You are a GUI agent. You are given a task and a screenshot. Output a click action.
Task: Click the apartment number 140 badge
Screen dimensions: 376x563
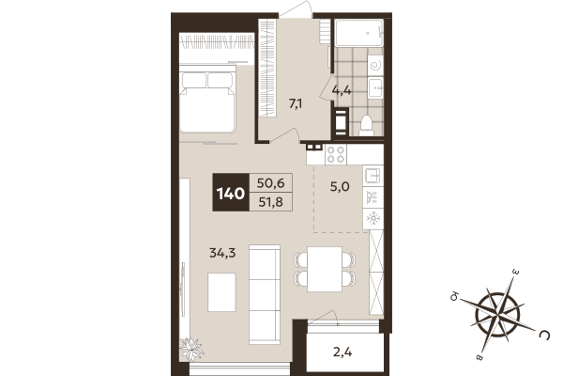click(231, 195)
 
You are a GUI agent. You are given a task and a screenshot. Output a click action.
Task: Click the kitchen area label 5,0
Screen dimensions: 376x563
click(339, 186)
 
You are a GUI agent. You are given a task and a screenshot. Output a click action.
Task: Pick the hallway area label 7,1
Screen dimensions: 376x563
click(295, 103)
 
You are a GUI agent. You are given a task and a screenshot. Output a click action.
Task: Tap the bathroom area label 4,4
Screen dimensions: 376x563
click(342, 91)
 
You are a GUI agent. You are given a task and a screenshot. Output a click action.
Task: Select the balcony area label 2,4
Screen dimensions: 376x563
click(343, 354)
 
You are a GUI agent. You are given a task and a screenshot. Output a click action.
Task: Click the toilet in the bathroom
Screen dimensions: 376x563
click(366, 124)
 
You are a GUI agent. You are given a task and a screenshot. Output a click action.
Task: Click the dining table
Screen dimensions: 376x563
click(327, 268)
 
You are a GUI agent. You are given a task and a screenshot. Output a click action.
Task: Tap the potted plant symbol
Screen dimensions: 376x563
click(192, 348)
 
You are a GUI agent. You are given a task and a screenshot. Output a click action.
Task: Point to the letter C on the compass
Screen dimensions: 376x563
click(543, 333)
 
